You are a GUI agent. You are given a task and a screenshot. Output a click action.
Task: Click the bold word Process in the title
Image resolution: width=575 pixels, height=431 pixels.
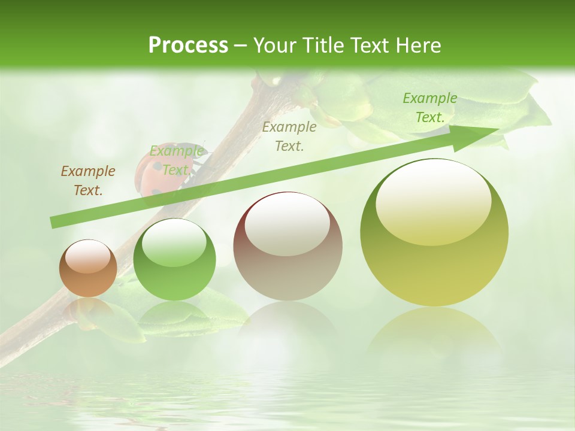pos(188,45)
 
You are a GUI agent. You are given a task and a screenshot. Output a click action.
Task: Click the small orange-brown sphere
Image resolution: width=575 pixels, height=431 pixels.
pos(88,268)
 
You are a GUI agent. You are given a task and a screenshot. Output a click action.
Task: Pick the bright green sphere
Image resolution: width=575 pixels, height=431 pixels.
pos(174,259)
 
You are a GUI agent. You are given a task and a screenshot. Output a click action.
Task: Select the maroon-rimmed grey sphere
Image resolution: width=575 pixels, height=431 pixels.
pos(287,246)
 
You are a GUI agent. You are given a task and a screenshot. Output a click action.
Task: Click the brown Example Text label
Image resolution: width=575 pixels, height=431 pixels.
pos(88,181)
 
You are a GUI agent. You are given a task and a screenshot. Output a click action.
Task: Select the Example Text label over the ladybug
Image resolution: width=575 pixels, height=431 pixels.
pos(176,160)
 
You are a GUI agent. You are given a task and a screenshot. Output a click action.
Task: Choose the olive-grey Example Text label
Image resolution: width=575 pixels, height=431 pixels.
pos(289,136)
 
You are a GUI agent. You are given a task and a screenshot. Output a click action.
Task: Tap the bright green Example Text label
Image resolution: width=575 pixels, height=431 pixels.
pos(430,108)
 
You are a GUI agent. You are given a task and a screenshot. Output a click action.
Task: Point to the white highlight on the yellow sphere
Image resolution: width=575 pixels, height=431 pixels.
pos(434,201)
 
